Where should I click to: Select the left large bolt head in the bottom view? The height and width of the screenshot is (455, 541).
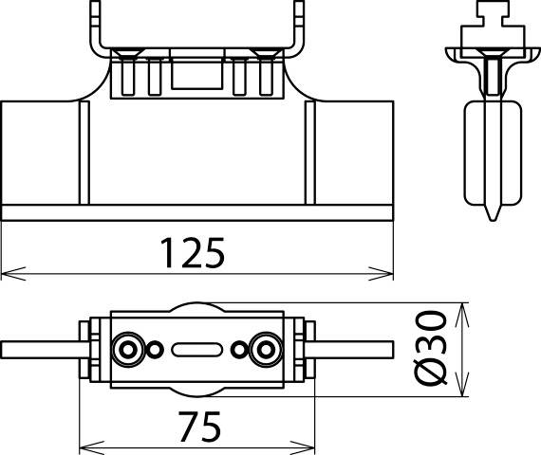126,350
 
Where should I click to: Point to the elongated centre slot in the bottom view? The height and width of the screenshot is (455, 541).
196,350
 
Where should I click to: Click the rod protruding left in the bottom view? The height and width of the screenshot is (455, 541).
38,349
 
